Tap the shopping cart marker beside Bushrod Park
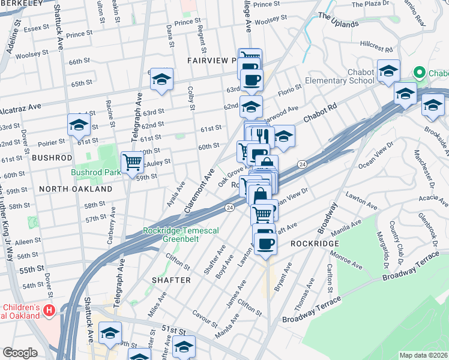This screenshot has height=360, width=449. point(132,162)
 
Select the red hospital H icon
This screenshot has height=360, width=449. point(50,310)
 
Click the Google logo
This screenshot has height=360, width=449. point(20,353)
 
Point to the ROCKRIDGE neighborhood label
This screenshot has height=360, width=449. point(315,244)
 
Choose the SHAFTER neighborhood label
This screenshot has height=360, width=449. point(171,280)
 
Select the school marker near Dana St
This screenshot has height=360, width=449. point(161,79)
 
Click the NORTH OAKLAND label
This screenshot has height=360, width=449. point(75,188)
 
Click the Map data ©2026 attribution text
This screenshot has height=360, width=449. point(423,355)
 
